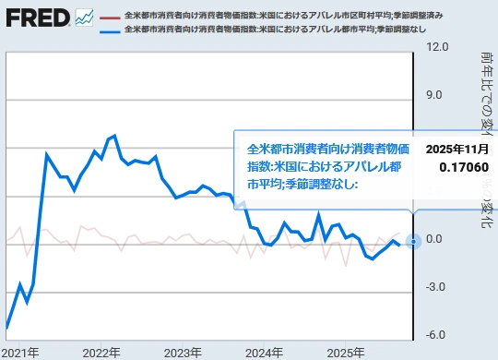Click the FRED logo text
tap(36, 17)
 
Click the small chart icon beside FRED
tap(85, 17)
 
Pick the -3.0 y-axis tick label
tap(437, 287)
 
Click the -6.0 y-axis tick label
tap(437, 335)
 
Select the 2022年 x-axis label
tap(101, 353)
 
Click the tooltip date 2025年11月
tap(457, 149)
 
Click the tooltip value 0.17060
tap(466, 167)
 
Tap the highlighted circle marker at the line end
tap(413, 241)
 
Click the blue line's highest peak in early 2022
tap(114, 137)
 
